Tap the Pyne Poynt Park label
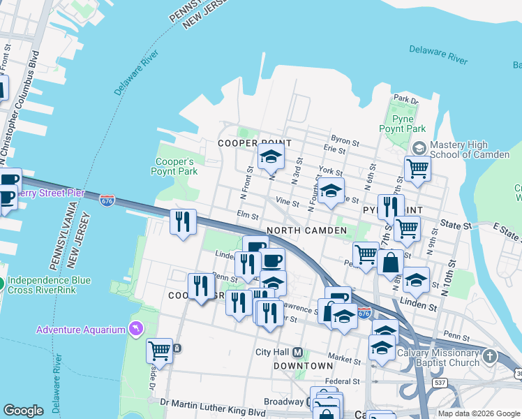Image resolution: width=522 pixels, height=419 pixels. pyautogui.click(x=402, y=124)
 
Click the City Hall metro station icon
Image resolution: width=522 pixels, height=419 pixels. pyautogui.click(x=297, y=352)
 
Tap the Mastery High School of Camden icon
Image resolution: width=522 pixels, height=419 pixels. pyautogui.click(x=419, y=148)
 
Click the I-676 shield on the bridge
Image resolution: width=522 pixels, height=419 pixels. pyautogui.click(x=107, y=200)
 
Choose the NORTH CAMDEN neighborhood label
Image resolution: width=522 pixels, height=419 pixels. pyautogui.click(x=306, y=230)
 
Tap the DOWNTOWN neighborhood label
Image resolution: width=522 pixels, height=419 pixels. pyautogui.click(x=303, y=366)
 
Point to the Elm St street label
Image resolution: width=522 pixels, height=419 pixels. pyautogui.click(x=248, y=216)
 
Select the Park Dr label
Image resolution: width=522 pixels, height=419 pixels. pyautogui.click(x=405, y=99)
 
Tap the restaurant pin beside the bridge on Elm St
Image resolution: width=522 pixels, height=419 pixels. pyautogui.click(x=183, y=223)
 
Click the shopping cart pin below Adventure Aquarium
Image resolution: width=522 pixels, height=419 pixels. pyautogui.click(x=159, y=351)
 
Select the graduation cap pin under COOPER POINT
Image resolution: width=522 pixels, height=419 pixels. pyautogui.click(x=271, y=158)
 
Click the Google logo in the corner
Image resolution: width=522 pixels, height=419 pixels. pyautogui.click(x=23, y=411)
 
